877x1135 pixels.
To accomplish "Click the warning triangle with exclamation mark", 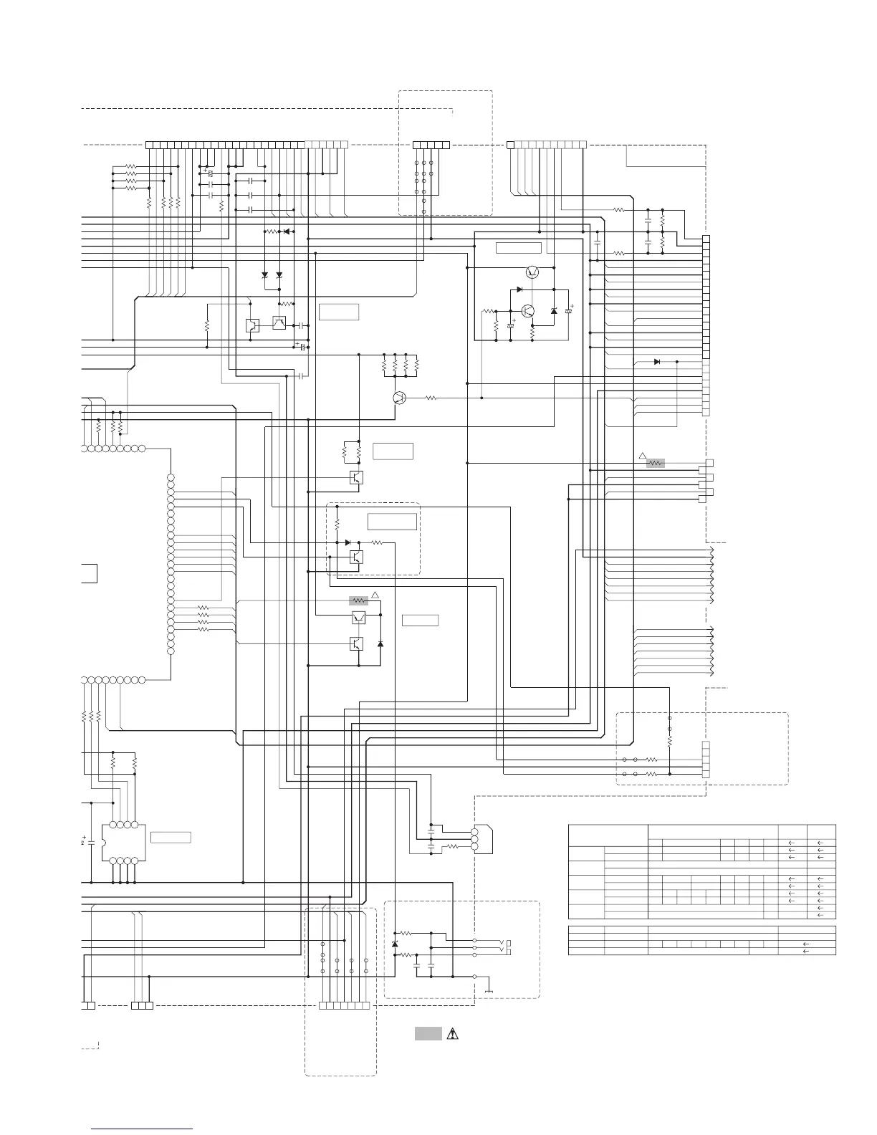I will pos(452,1034).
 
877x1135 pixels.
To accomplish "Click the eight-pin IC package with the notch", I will pos(124,842).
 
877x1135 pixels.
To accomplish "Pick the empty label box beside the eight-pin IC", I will pos(171,837).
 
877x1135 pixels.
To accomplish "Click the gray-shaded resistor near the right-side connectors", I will pos(655,463).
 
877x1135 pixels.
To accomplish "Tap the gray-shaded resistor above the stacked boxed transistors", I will pos(358,600).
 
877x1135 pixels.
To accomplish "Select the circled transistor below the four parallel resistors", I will pos(400,398).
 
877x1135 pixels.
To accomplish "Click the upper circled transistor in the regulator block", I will pos(532,272).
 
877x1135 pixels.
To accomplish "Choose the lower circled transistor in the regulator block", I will pos(529,311).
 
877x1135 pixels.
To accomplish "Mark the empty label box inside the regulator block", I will pos(518,248).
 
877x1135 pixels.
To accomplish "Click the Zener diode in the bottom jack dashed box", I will pos(395,944).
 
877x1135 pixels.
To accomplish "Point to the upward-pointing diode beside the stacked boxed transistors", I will pos(380,644).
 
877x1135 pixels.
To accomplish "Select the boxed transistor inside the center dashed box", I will pos(356,557).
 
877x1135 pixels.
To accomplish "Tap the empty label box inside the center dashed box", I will pos(392,521).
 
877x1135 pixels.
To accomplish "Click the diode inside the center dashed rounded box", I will pos(348,542).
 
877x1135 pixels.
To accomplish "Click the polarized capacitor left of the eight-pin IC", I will pos(92,839).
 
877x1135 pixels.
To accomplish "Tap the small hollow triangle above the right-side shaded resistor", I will pos(643,456).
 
